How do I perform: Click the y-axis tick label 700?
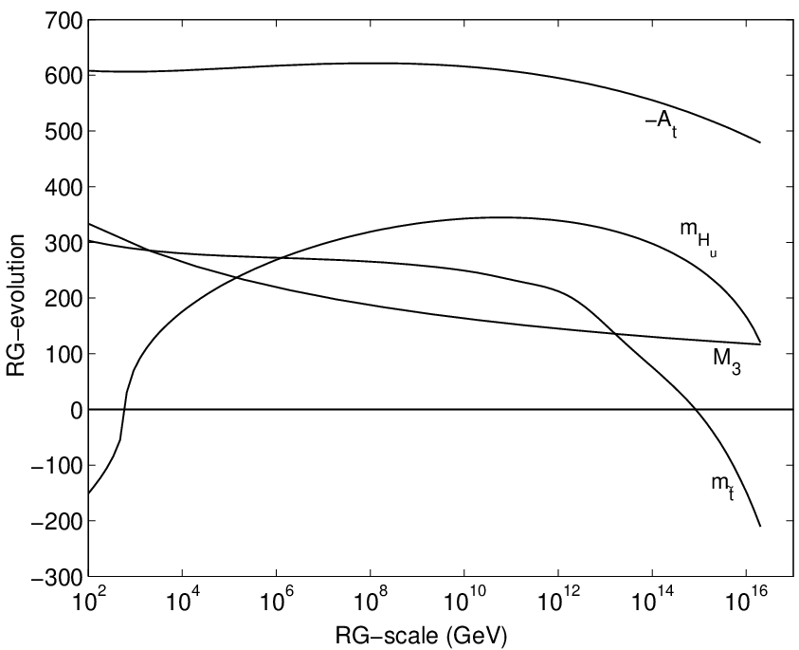point(64,21)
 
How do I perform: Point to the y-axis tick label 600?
point(64,76)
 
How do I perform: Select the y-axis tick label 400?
point(64,187)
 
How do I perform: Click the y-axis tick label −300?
point(57,577)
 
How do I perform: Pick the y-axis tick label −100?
point(57,465)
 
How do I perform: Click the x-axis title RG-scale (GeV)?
point(421,636)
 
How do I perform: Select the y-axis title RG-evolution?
point(15,306)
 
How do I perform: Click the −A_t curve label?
point(662,124)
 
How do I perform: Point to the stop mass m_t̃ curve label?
point(723,485)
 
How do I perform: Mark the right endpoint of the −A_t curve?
point(760,143)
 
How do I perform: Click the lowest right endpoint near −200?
point(760,526)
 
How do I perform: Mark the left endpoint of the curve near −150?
point(89,492)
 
